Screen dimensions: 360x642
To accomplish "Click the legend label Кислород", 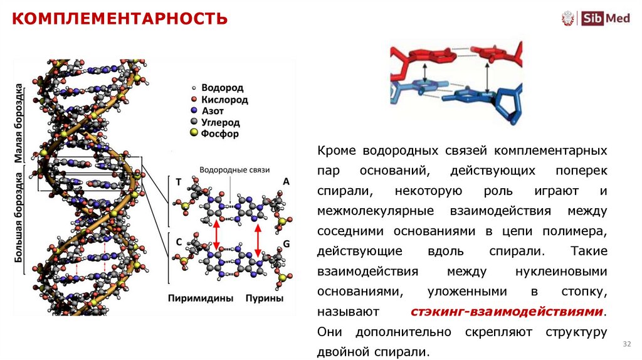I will [224, 100].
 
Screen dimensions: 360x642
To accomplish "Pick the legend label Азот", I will [214, 111].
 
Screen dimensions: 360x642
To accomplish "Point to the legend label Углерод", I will [220, 122].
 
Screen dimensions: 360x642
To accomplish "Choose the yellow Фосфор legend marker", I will [194, 134].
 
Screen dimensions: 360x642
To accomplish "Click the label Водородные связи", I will [234, 170].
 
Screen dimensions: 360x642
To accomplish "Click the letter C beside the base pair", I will [179, 241].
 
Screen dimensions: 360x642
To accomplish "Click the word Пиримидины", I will [200, 299].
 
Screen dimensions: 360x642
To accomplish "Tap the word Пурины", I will [264, 299].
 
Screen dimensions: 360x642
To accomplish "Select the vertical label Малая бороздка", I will [19, 123].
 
